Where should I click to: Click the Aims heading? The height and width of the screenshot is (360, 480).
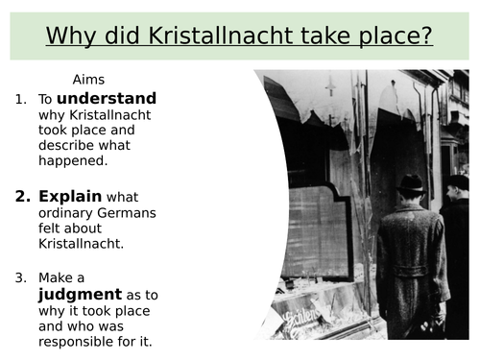pos(90,80)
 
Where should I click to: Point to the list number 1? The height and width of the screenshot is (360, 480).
pos(21,99)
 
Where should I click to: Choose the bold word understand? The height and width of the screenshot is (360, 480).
pos(107,98)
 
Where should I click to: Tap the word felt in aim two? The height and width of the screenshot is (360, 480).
pos(51,229)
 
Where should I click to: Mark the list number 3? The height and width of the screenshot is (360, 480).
pos(21,278)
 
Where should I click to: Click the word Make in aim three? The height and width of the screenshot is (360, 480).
pos(56,278)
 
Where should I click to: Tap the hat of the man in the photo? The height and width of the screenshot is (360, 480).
pos(411,182)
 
